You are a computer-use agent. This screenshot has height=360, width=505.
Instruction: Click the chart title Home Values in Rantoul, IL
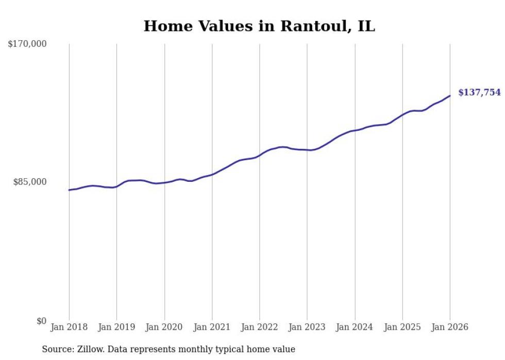[259, 26]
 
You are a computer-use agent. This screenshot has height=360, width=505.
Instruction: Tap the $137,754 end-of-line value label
[479, 93]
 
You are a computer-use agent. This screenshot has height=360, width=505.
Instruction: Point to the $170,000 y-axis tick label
[27, 44]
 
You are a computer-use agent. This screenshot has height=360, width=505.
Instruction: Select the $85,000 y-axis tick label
[29, 182]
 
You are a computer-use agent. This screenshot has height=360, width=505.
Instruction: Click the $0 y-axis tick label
[41, 321]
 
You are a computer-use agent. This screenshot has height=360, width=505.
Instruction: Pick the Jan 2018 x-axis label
[69, 328]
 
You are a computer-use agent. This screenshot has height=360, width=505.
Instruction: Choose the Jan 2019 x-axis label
[116, 328]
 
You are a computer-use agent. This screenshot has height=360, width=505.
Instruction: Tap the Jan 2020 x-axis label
[164, 328]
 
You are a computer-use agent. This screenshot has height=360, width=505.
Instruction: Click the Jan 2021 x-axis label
[212, 328]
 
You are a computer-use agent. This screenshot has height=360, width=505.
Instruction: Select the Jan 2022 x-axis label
[260, 328]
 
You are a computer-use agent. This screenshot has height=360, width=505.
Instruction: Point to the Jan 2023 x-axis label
[307, 328]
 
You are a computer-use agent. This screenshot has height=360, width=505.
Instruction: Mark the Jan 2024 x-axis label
[355, 328]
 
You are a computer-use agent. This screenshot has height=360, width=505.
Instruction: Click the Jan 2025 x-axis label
[402, 328]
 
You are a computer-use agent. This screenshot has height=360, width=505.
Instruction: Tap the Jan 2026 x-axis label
[450, 328]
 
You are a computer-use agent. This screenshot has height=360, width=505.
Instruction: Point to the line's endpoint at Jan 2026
[450, 96]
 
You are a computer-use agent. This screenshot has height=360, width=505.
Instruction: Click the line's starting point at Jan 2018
[69, 190]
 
